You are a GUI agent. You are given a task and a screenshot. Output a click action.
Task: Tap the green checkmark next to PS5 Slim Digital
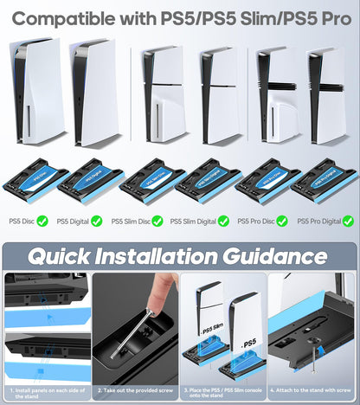(x=223, y=221)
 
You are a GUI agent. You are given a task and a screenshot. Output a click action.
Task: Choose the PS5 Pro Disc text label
(x=254, y=221)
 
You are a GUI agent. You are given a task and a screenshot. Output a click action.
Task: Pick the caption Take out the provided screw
(x=135, y=391)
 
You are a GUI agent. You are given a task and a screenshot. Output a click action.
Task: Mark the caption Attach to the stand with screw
(x=312, y=391)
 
